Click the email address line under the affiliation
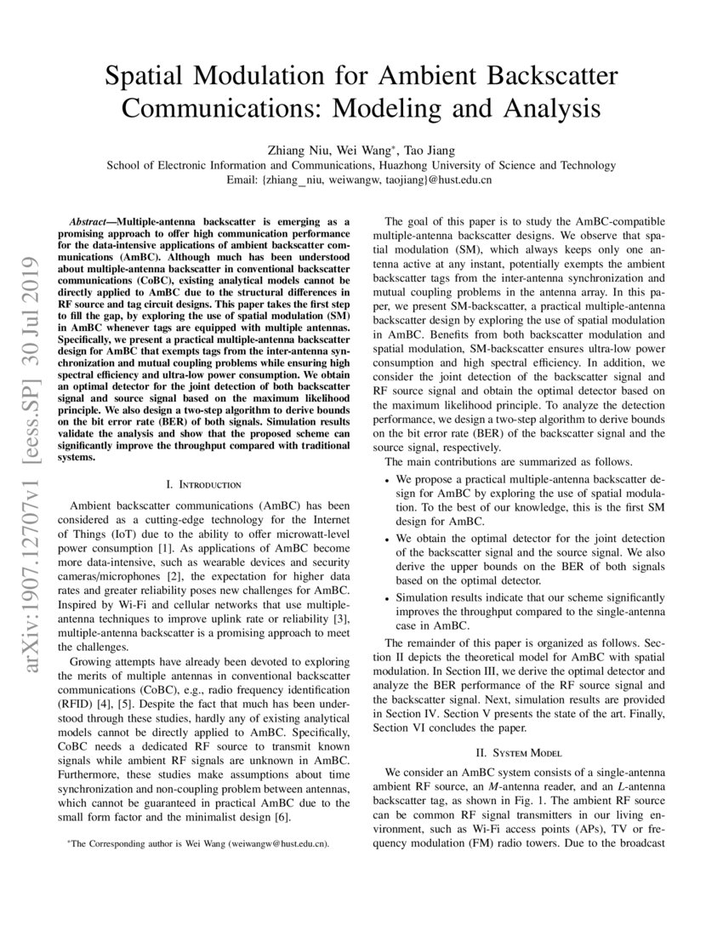point(361,180)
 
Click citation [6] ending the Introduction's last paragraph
point(282,819)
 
